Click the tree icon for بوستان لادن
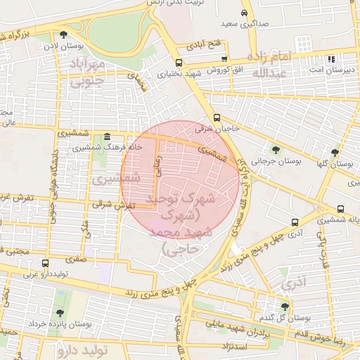click(x=64, y=34)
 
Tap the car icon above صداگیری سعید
click(x=244, y=13)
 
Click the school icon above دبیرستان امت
click(x=331, y=60)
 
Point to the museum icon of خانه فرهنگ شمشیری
click(x=106, y=137)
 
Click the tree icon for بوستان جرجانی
click(x=276, y=150)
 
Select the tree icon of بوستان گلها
click(x=335, y=152)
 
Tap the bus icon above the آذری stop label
click(x=295, y=222)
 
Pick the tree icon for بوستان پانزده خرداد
click(x=58, y=313)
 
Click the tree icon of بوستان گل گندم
click(x=285, y=307)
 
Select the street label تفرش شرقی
click(x=118, y=205)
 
